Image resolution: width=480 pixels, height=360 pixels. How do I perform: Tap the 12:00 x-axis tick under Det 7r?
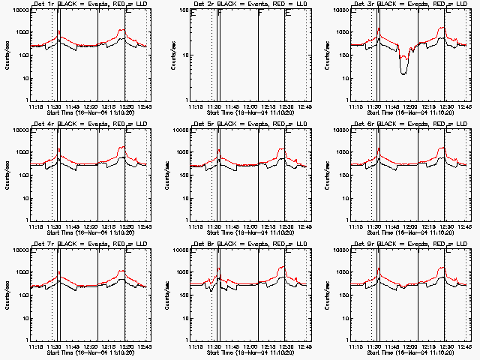coord(91,345)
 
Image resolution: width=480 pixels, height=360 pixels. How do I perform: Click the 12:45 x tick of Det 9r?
coord(465,345)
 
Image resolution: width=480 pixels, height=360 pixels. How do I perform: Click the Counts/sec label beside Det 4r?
coord(6,175)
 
